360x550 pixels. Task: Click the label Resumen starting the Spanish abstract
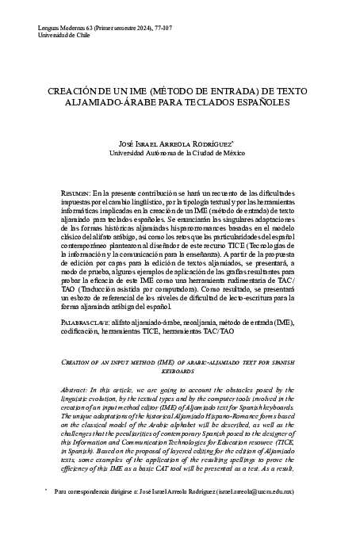click(75, 193)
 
